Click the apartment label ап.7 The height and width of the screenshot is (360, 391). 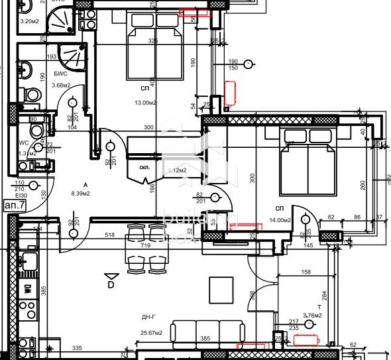[14, 206]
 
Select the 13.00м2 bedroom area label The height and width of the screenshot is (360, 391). [145, 103]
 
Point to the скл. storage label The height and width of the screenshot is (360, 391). [145, 167]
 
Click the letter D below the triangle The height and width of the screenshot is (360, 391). [111, 285]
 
